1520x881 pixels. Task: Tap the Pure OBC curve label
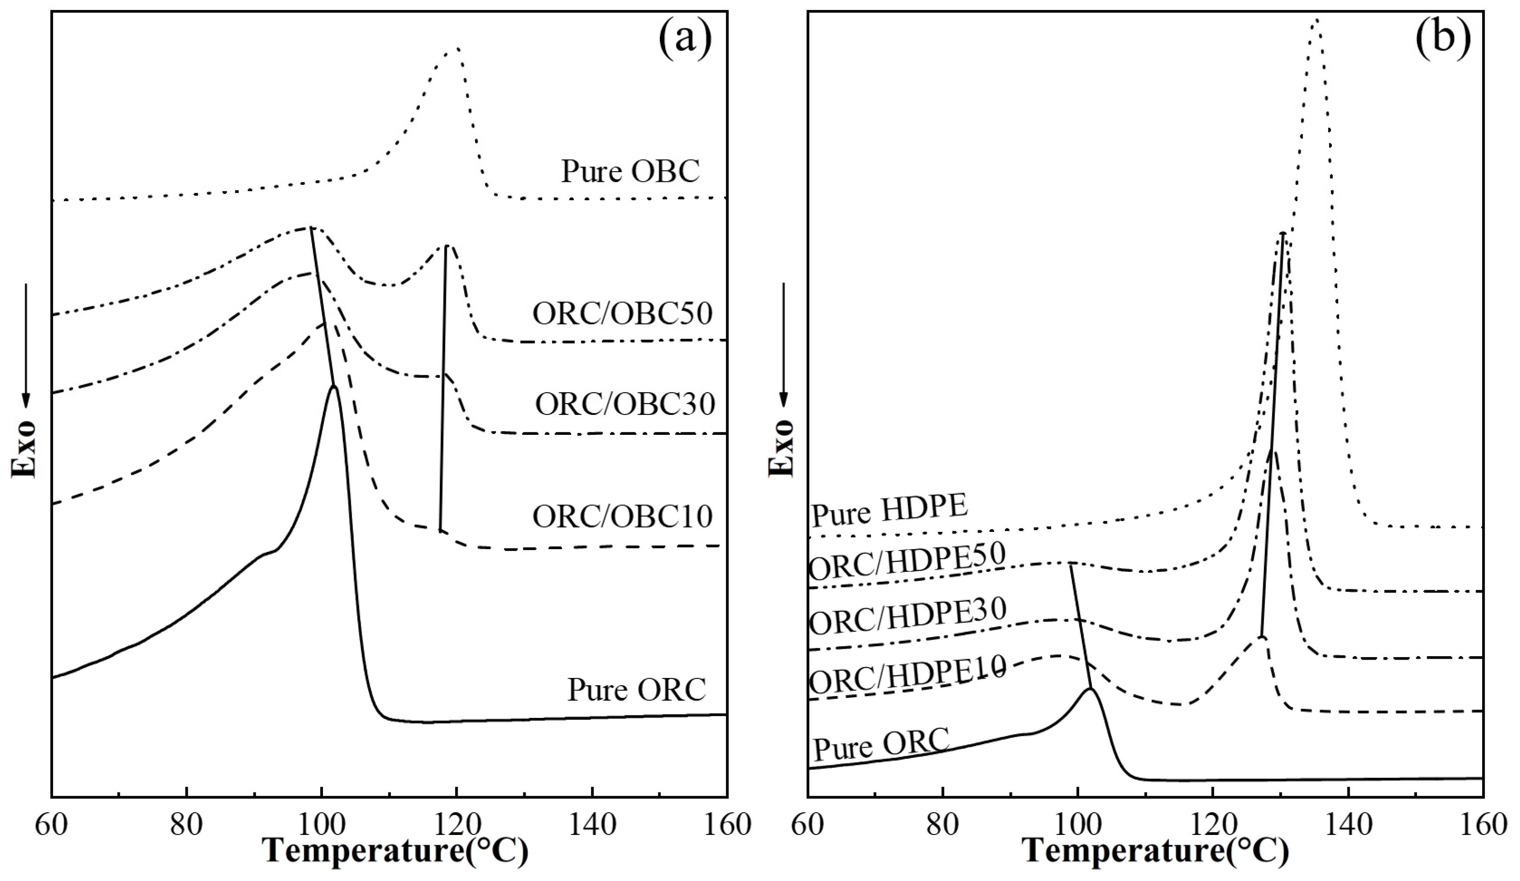point(630,171)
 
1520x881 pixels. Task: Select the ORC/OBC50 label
point(622,314)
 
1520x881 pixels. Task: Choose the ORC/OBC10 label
point(622,517)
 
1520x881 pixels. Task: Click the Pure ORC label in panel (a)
point(636,690)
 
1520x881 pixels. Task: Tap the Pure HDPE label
point(890,510)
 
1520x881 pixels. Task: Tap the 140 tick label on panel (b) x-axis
point(1348,825)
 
